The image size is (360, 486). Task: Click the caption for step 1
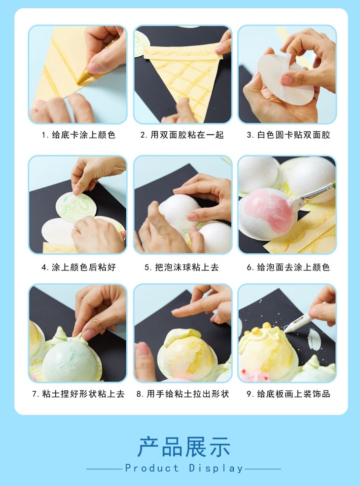pos(78,135)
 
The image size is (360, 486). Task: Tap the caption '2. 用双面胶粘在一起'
pos(182,135)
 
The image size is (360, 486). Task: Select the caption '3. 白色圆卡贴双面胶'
pos(288,135)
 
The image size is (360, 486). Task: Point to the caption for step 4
pos(79,267)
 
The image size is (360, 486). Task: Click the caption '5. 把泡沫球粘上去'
pos(182,267)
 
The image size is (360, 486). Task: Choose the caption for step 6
pos(288,267)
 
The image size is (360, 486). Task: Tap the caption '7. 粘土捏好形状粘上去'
pos(78,394)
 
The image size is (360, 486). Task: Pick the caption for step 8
pos(183,394)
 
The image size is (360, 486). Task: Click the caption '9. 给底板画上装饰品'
pos(288,394)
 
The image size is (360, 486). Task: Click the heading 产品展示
pos(184,447)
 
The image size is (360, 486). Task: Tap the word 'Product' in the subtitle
pos(152,468)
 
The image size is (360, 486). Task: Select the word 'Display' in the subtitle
pos(216,468)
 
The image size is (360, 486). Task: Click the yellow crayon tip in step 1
pos(81,79)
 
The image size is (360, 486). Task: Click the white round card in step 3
pos(285,79)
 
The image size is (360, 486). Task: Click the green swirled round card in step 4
pos(76,206)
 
